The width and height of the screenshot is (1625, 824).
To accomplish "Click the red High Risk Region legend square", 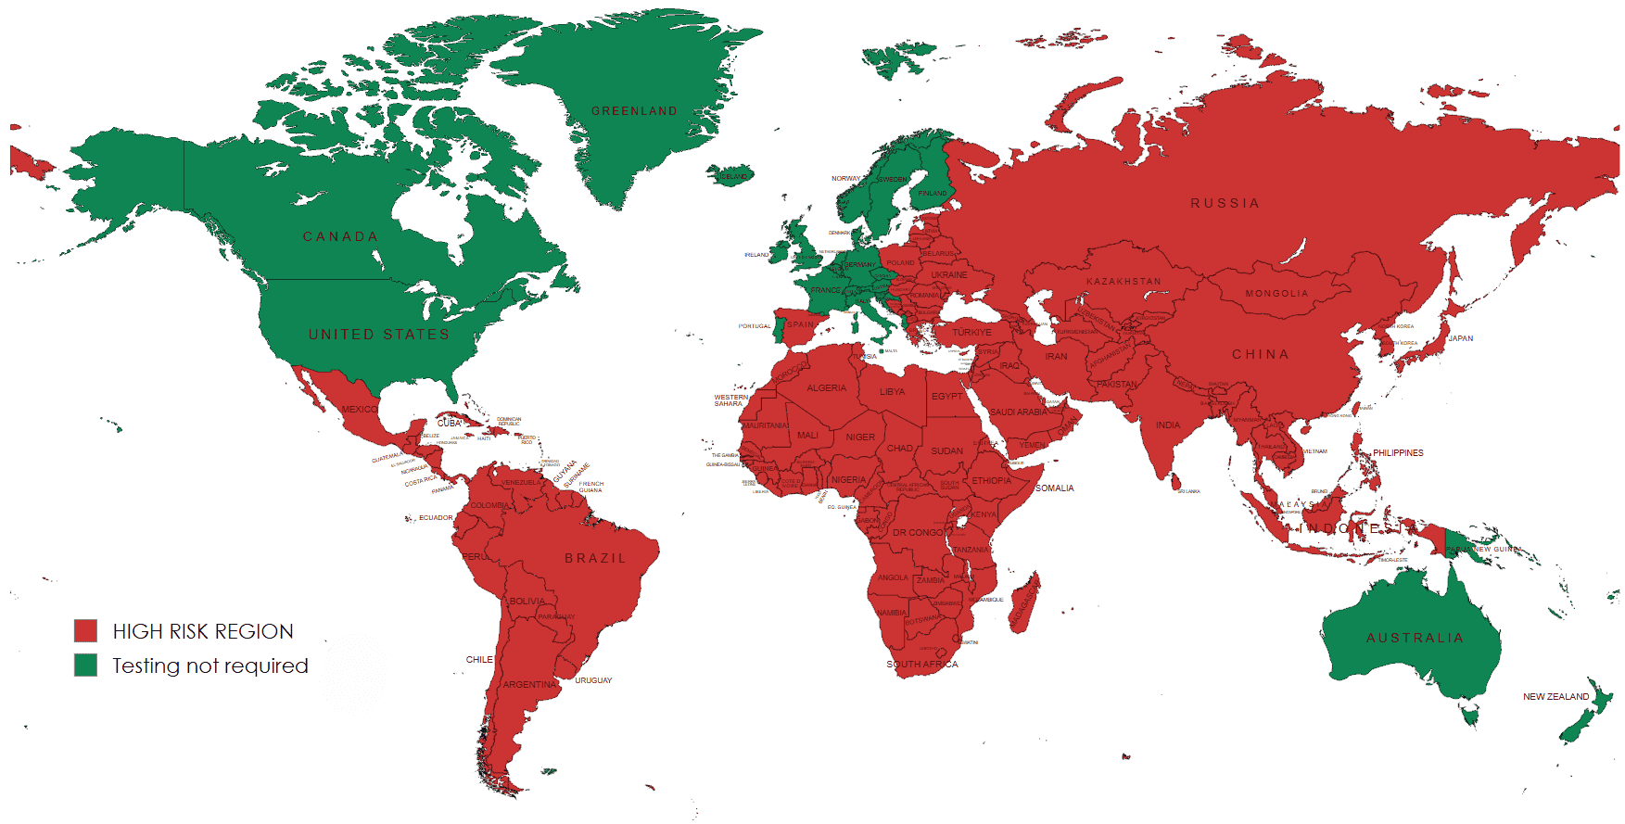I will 85,631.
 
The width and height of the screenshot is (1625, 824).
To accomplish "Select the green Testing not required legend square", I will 85,666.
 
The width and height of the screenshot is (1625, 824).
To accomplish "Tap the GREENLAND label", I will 634,111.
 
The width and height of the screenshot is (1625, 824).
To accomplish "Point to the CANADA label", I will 340,237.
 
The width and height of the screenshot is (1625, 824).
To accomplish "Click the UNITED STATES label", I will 378,335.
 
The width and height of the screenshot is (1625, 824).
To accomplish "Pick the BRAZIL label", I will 595,558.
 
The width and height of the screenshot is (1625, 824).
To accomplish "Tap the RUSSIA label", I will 1225,203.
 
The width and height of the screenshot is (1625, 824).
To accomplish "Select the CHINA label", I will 1260,354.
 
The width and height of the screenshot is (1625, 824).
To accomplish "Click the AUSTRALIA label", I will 1415,638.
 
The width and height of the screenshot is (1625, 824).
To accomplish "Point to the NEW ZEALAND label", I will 1555,697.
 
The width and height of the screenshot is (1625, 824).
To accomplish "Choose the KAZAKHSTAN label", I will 1124,281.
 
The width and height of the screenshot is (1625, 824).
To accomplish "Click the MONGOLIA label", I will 1276,294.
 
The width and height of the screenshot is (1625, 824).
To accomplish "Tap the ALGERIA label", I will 826,388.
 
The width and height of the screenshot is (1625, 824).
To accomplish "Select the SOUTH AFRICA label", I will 921,665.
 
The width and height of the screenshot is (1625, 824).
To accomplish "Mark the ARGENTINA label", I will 530,685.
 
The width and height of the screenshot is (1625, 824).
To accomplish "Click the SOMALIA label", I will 1054,488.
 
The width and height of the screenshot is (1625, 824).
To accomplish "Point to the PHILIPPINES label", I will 1398,453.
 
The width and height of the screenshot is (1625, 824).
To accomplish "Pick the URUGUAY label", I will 593,680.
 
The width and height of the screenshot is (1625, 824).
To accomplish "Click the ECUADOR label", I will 436,518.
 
